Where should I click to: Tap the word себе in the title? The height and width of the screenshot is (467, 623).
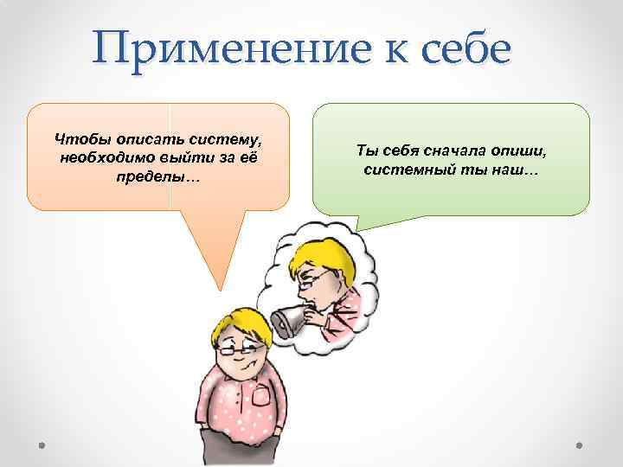[465, 50]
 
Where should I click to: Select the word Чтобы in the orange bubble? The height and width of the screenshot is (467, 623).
[78, 138]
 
